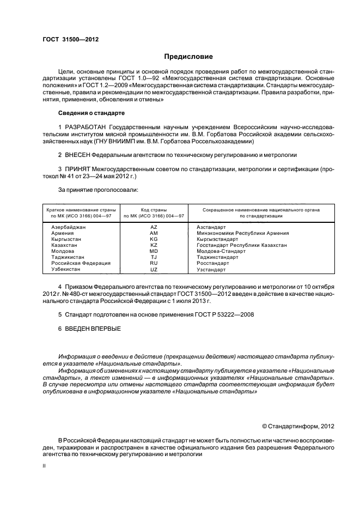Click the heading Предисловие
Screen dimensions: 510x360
click(189, 57)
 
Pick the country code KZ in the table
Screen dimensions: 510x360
click(154, 245)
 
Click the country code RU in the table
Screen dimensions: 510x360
click(154, 264)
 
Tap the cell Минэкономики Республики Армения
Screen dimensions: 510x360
click(242, 233)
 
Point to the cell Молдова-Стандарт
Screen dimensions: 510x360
click(221, 251)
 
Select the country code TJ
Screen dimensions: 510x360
click(154, 258)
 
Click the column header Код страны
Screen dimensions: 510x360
click(154, 210)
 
